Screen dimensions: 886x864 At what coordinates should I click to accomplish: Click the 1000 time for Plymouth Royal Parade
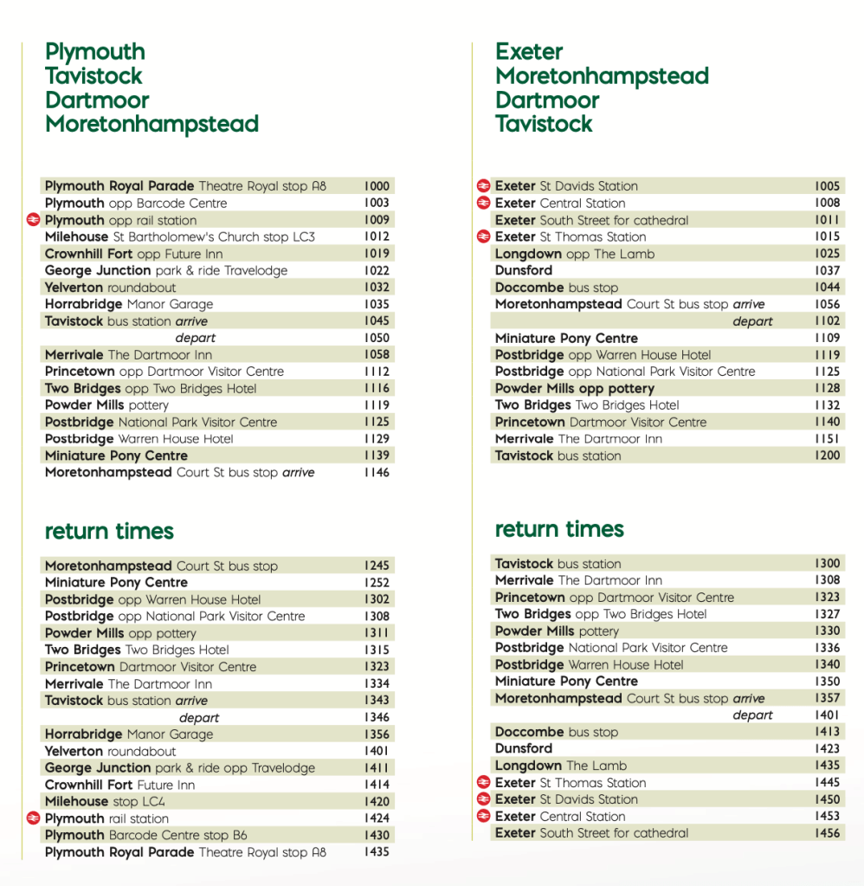[377, 186]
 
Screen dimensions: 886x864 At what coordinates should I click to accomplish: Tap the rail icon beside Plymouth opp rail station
[34, 220]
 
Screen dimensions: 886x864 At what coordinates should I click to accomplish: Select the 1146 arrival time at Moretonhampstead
[377, 473]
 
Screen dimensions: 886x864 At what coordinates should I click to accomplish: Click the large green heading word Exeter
[529, 52]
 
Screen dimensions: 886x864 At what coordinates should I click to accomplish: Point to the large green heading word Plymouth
[95, 52]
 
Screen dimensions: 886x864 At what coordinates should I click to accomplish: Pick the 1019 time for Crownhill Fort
[377, 254]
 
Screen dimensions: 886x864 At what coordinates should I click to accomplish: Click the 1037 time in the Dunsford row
[827, 270]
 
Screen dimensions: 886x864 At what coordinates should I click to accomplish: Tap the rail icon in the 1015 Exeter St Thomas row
[484, 236]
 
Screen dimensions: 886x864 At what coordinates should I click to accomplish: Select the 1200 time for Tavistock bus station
[827, 456]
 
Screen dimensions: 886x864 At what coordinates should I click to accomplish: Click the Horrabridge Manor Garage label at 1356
[129, 734]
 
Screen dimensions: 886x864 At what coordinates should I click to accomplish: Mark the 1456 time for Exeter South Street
[827, 833]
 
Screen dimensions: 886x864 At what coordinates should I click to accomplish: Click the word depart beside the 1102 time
[752, 321]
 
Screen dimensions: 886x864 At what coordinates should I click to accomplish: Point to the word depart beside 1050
[196, 338]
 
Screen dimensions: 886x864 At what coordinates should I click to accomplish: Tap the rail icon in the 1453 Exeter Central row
[484, 816]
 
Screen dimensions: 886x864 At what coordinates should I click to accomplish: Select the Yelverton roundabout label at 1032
[110, 288]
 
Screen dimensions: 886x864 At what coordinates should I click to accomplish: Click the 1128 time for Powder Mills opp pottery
[827, 388]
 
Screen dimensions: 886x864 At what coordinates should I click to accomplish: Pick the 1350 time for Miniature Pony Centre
[827, 682]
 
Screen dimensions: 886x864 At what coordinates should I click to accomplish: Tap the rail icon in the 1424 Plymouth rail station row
[34, 818]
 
